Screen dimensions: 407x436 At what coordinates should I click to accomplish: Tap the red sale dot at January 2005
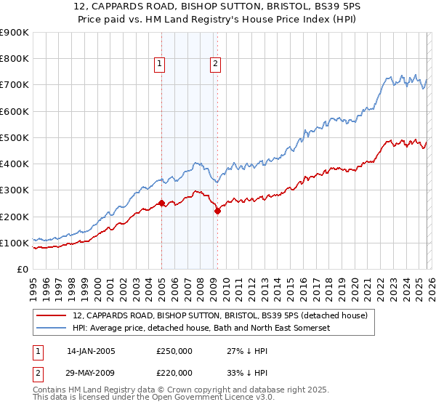coord(161,203)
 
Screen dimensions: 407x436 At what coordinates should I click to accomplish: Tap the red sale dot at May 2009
coord(217,211)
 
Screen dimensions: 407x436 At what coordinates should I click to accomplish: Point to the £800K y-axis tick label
coord(15,59)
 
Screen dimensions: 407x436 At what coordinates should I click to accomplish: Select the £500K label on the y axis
coord(15,137)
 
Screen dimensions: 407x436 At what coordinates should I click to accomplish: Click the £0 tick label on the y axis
coord(23,269)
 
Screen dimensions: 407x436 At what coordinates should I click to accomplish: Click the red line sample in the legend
coord(52,315)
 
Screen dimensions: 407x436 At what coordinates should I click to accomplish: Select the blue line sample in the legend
coord(52,329)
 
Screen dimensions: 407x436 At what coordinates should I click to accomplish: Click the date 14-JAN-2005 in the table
coord(91,351)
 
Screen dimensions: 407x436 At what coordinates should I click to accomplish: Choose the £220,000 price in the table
coord(174,372)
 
